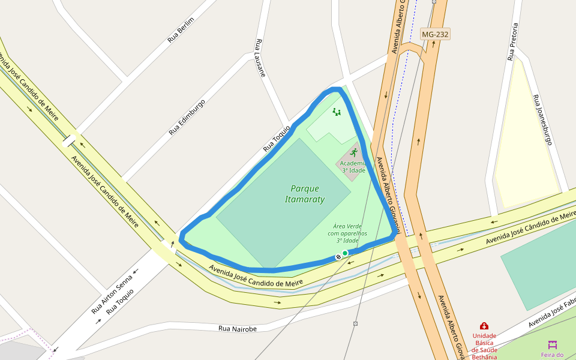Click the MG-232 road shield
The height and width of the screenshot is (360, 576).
[x=435, y=34]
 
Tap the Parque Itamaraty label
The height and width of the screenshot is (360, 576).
[x=305, y=194]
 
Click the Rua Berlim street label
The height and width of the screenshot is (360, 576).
[x=181, y=30]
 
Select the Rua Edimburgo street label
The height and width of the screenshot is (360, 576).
[x=187, y=117]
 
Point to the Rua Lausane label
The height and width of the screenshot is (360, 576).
[x=260, y=58]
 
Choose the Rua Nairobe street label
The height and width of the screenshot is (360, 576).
[x=238, y=329]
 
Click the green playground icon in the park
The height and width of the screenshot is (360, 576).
[x=337, y=112]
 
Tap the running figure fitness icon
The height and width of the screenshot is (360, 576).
[x=353, y=152]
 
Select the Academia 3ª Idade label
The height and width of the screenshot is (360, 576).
[x=353, y=167]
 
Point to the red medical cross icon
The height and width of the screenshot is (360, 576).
[x=484, y=326]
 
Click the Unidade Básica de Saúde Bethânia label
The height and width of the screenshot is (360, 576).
[x=484, y=346]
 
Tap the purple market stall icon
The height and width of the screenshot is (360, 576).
[x=553, y=344]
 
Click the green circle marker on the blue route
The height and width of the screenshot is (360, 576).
[x=345, y=253]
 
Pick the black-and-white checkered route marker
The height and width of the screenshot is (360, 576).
[x=338, y=257]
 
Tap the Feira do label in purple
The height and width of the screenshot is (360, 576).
[x=553, y=355]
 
